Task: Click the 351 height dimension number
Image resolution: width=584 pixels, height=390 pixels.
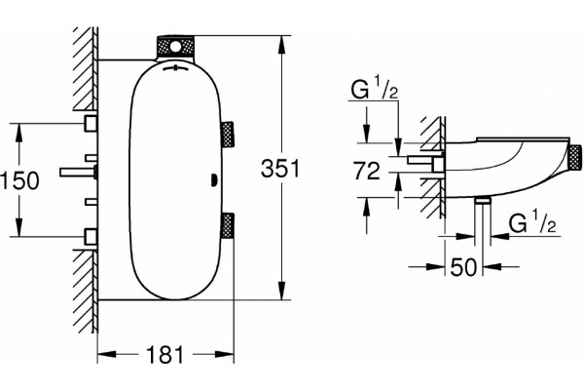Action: click(x=280, y=169)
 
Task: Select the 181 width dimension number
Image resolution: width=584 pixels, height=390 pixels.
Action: click(x=165, y=355)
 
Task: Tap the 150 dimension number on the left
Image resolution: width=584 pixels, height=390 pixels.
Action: click(x=19, y=180)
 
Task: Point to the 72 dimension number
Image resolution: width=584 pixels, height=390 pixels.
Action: click(x=367, y=171)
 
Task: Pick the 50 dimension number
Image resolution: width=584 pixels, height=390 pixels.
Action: click(x=463, y=267)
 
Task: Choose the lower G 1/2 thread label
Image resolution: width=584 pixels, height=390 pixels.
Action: click(x=532, y=222)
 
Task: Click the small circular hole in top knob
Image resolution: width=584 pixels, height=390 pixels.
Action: click(x=175, y=48)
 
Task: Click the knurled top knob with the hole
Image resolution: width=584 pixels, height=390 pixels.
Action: click(x=175, y=47)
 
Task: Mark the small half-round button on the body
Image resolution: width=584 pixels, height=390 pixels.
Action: click(x=214, y=180)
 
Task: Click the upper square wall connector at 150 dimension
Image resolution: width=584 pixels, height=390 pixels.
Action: click(x=91, y=123)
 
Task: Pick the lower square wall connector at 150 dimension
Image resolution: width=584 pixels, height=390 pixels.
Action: click(x=91, y=237)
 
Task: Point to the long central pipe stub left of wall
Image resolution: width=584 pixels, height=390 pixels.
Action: click(x=78, y=172)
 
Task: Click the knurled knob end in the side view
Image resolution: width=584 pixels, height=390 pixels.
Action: click(x=575, y=157)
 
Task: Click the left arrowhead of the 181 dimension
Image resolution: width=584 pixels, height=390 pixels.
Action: click(x=108, y=354)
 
